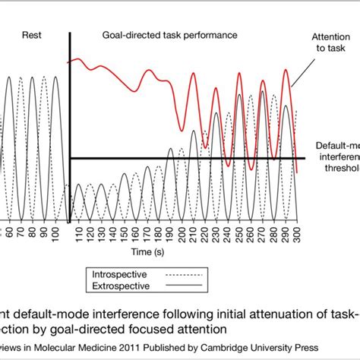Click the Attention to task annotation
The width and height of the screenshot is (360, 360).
coord(329,43)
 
